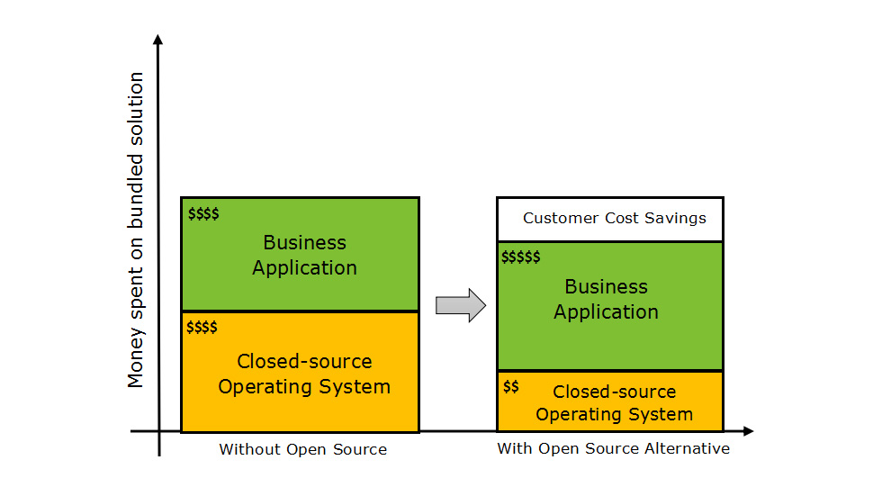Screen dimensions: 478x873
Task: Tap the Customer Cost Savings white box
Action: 610,219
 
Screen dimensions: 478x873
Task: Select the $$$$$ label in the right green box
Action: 521,257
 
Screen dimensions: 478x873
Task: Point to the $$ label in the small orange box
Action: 511,386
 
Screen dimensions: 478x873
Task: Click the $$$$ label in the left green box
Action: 203,213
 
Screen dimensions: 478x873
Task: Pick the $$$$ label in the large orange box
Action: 202,327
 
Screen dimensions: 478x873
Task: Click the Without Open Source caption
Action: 302,449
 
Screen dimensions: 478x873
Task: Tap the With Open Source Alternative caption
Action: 613,448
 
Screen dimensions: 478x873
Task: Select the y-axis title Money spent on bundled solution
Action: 136,230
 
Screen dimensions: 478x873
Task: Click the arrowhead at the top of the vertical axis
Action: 158,40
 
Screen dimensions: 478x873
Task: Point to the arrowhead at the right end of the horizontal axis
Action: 748,431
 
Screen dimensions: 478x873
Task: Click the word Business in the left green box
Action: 304,242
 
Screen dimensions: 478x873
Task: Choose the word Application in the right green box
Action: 606,312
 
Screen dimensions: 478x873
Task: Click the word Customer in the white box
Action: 557,219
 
